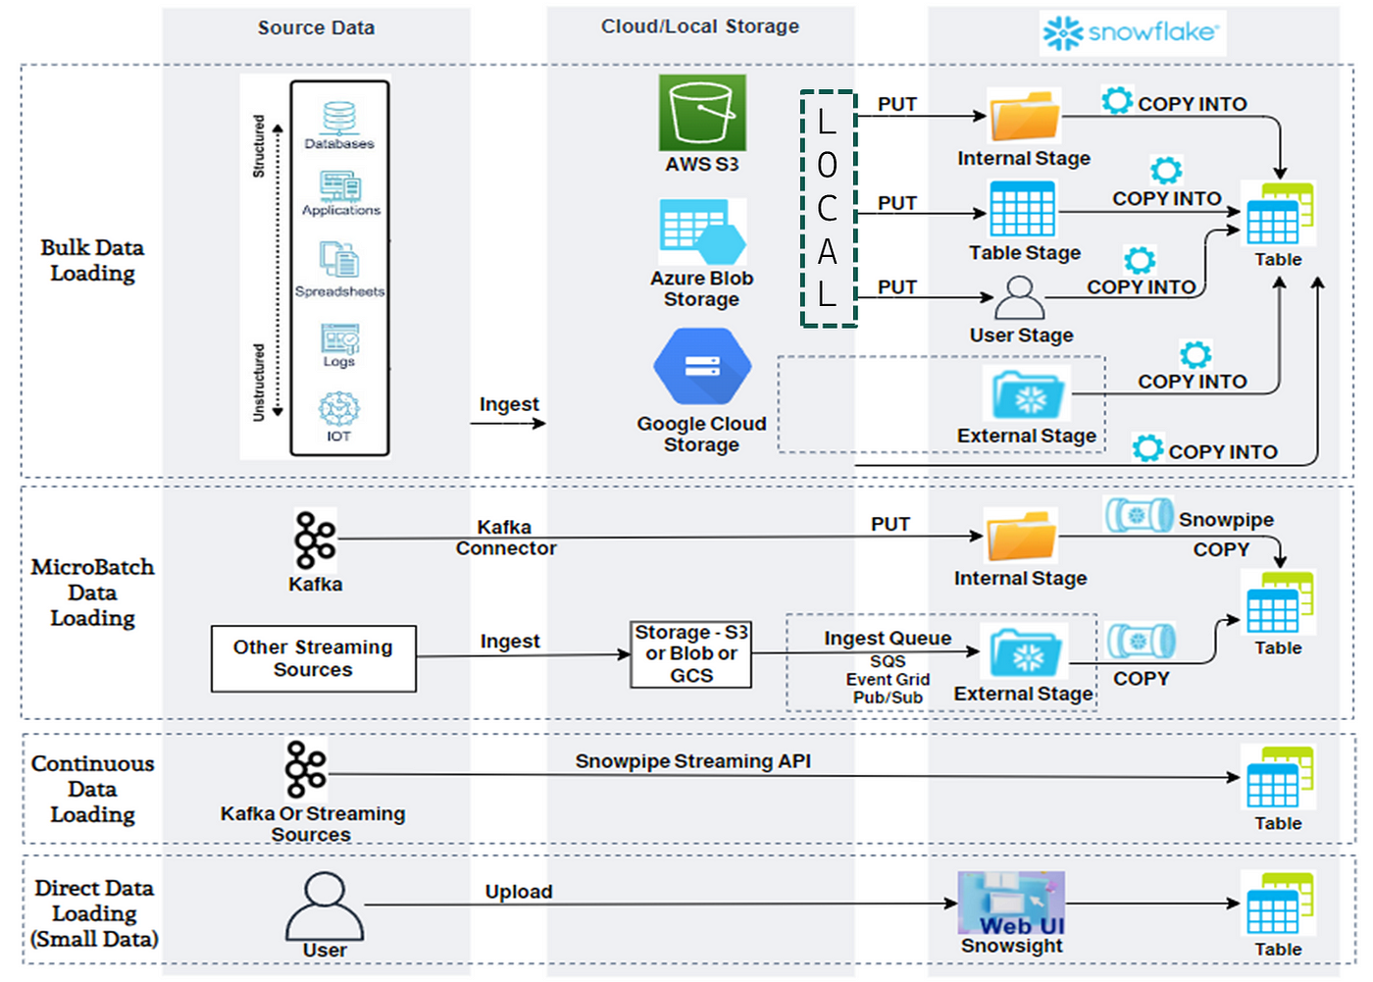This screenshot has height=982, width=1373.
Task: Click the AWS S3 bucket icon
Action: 702,113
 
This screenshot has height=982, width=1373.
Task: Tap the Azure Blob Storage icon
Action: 702,232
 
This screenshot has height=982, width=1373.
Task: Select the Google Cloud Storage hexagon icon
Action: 702,367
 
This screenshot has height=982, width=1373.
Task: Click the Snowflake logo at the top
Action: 1132,32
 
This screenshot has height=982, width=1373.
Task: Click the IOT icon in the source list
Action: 339,409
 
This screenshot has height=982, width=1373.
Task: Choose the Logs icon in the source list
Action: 340,338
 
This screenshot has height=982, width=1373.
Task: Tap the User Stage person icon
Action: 1019,298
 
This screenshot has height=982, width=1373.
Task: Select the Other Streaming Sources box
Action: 314,658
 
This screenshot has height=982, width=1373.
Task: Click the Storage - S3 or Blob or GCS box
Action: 690,654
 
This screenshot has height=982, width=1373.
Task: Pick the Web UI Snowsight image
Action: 1011,904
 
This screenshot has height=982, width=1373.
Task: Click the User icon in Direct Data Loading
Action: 325,906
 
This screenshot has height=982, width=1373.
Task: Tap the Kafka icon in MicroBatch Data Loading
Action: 315,540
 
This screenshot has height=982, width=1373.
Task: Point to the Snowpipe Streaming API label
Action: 692,760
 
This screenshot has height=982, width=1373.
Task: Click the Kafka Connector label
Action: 506,538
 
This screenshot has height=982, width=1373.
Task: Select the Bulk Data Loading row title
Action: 92,261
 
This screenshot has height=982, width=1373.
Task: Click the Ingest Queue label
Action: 888,638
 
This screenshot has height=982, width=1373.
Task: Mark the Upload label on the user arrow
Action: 519,892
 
